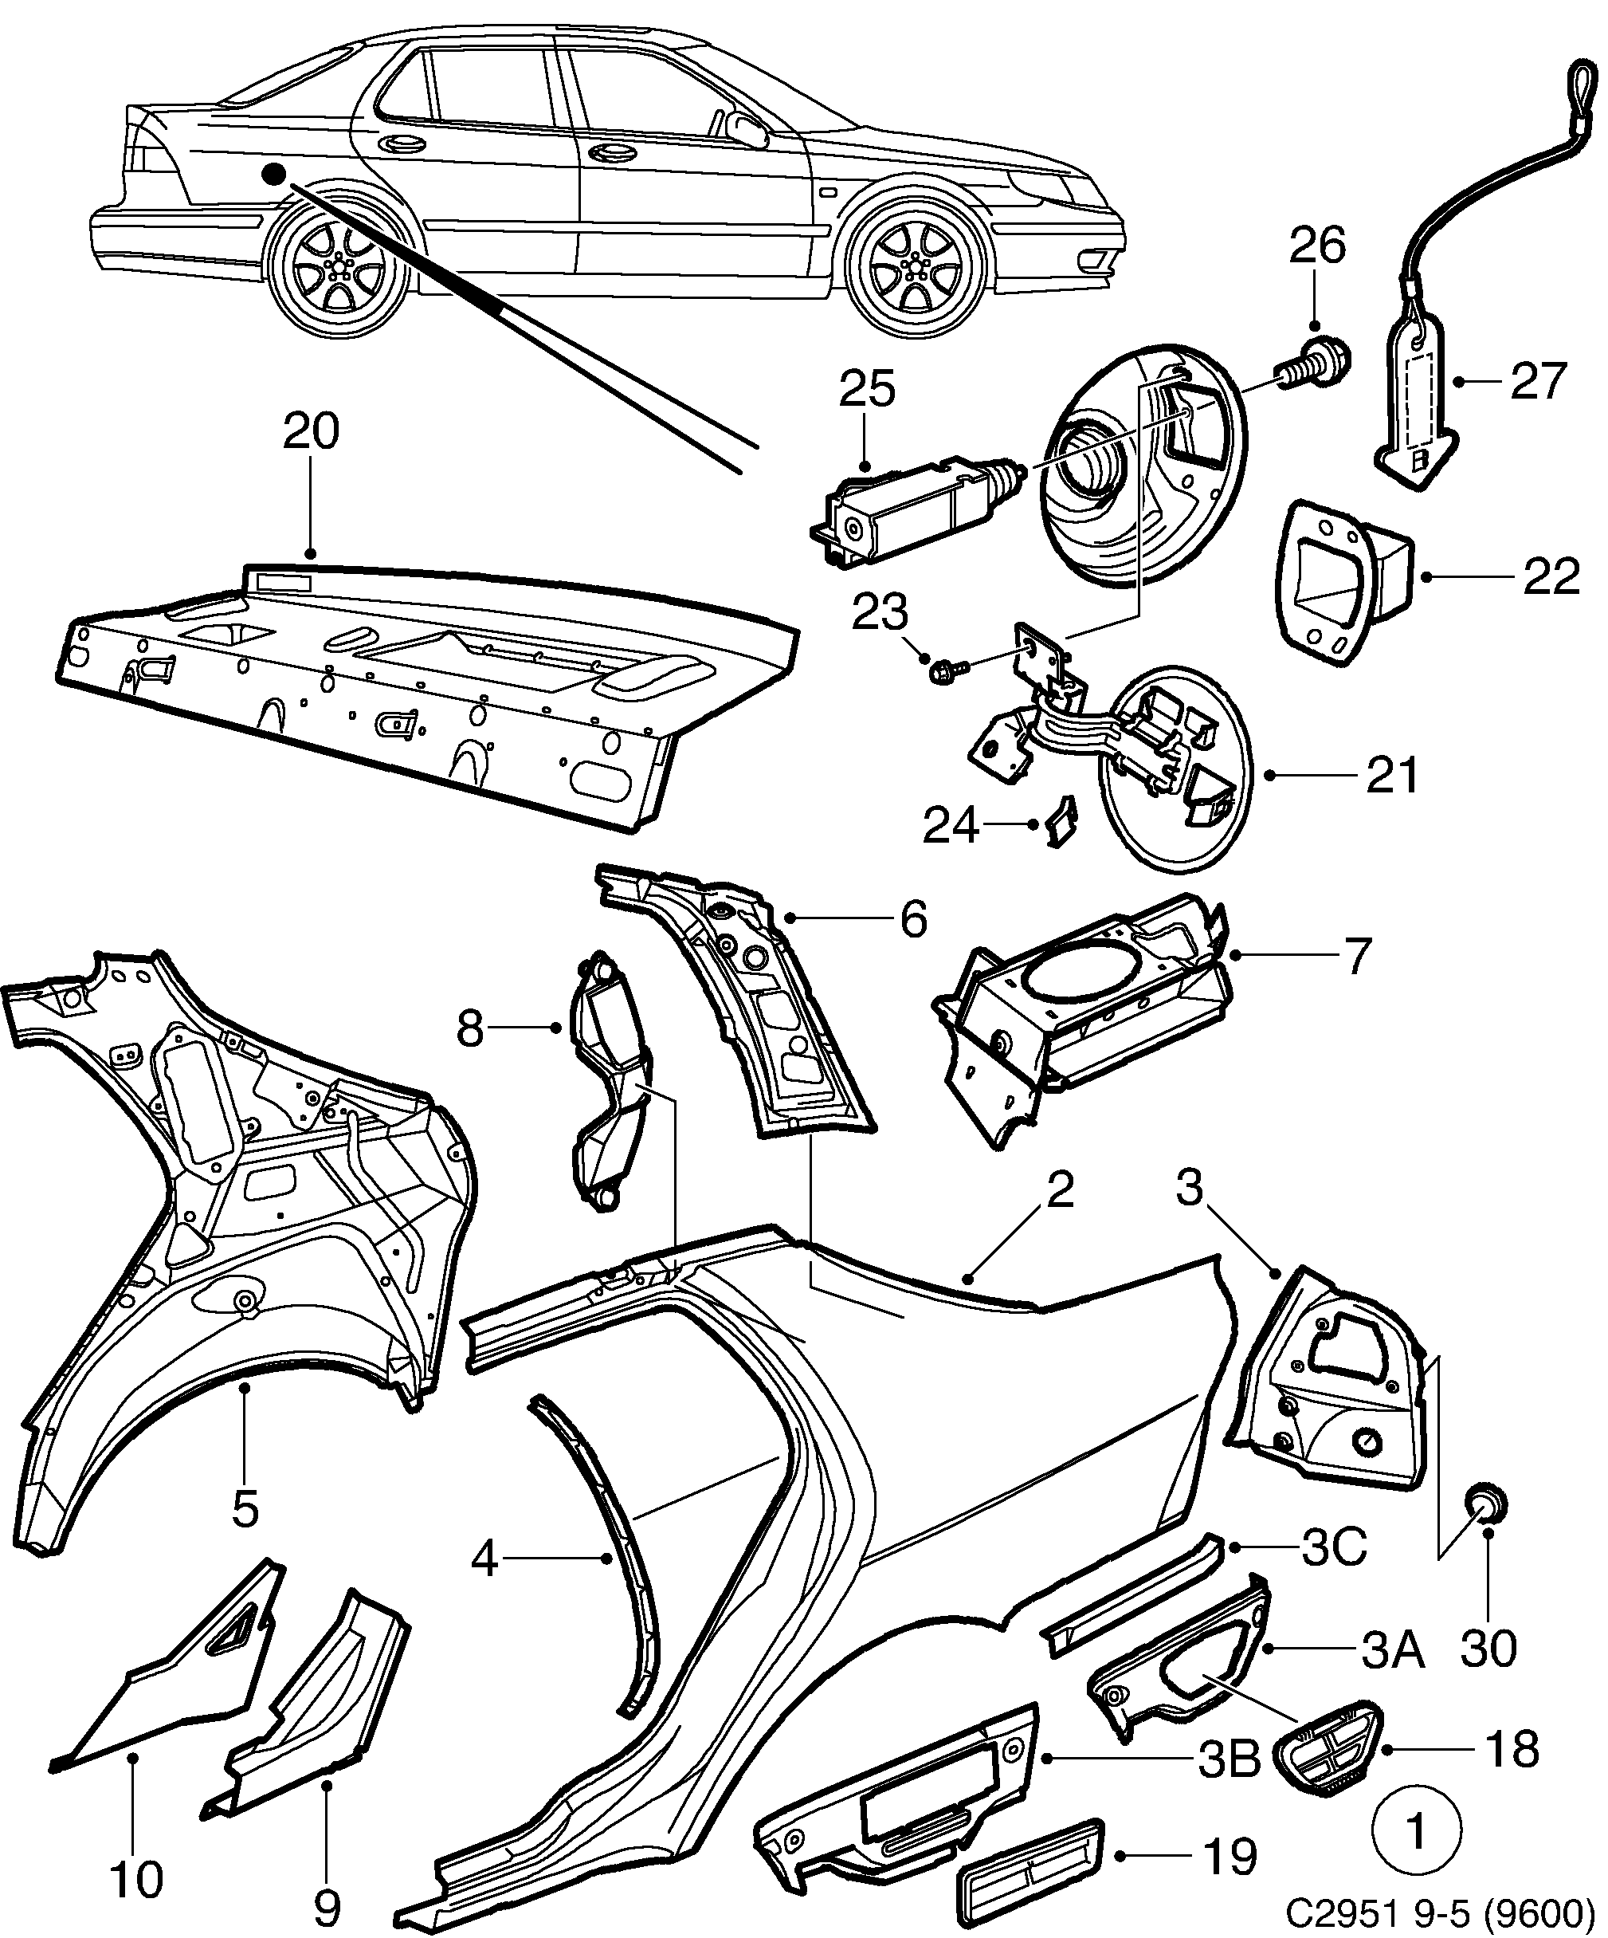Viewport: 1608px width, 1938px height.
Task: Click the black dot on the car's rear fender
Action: (x=273, y=175)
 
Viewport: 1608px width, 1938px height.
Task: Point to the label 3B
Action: (x=1229, y=1761)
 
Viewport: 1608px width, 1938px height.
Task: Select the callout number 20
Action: (x=311, y=431)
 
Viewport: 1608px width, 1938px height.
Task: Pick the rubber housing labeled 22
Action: (x=1344, y=579)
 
